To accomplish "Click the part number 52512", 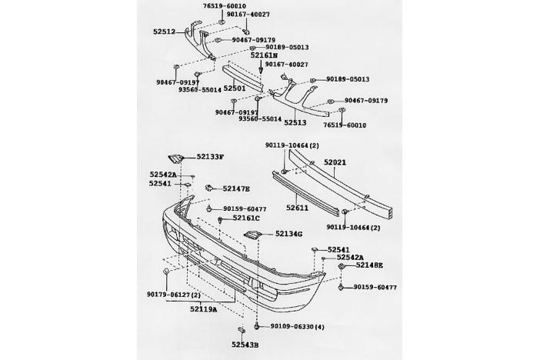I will click(164, 32).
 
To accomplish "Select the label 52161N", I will click(264, 55).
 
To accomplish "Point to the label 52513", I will click(295, 122).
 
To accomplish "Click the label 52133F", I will click(209, 157).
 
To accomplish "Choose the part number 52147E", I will click(236, 188).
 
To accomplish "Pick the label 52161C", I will click(247, 218).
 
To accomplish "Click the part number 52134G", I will click(288, 234).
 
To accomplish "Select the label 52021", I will click(335, 162).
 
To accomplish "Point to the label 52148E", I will click(369, 265).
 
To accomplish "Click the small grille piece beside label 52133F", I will click(178, 158).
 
